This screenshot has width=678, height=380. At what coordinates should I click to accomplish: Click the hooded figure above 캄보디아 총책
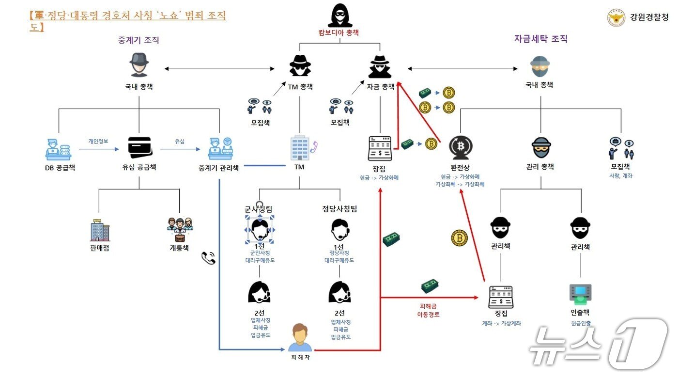(339, 16)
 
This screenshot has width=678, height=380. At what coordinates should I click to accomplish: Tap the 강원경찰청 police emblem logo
(616, 18)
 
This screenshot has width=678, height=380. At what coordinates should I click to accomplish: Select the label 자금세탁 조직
(540, 39)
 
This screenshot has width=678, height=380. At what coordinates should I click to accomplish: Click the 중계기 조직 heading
(139, 40)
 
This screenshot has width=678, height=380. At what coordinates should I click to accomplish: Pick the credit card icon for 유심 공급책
(139, 147)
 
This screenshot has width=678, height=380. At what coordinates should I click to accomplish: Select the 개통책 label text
(179, 248)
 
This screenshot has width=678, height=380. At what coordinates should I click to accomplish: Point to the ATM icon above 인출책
(580, 294)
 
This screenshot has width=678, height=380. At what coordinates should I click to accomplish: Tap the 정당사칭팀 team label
(339, 209)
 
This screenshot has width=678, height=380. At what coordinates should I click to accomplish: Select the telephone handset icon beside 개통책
(208, 258)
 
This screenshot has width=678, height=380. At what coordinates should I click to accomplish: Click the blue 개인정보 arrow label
(98, 141)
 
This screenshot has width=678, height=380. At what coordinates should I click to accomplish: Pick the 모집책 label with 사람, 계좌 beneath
(621, 167)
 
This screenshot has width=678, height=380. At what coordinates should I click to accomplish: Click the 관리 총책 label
(540, 167)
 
